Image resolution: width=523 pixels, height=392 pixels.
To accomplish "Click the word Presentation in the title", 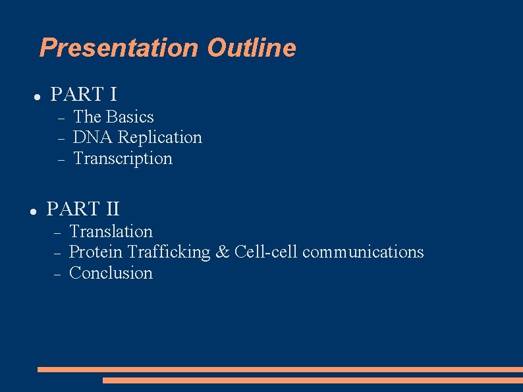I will (x=119, y=48).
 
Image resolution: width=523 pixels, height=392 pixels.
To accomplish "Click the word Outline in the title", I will (x=251, y=48).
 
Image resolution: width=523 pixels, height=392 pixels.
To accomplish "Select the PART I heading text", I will (x=84, y=94).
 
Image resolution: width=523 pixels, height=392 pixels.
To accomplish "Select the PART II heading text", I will (x=83, y=209).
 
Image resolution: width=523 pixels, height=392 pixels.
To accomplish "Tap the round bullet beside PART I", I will (x=38, y=96).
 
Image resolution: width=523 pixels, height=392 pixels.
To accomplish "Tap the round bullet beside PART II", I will (x=33, y=211).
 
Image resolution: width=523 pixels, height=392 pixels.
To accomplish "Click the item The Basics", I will (x=113, y=117).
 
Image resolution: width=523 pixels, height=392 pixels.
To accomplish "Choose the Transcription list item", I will (x=123, y=158).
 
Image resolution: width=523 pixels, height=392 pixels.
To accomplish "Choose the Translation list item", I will (x=111, y=231).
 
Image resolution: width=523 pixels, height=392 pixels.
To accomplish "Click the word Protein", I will (x=96, y=252).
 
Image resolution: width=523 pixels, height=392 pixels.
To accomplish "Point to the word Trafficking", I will (x=169, y=252).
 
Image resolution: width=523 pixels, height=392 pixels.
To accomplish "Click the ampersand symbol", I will (x=223, y=252).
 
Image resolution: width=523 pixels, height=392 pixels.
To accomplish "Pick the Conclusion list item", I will (x=111, y=273).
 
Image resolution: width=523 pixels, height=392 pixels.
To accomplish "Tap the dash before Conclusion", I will (x=57, y=274).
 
